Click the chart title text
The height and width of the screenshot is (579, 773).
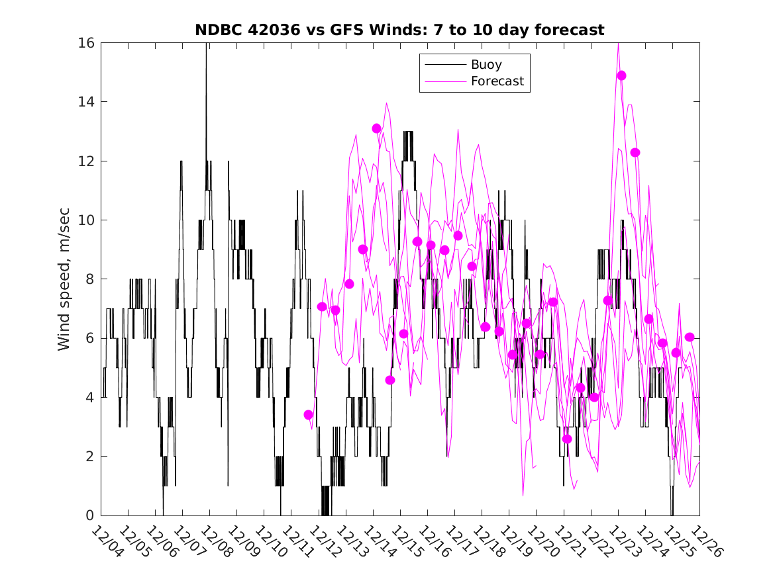click(x=399, y=30)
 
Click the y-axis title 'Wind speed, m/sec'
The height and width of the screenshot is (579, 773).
click(x=64, y=279)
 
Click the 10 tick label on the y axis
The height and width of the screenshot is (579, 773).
click(x=86, y=220)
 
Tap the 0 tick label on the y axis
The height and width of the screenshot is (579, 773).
click(x=90, y=515)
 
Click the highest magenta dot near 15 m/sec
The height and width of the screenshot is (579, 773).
click(x=621, y=75)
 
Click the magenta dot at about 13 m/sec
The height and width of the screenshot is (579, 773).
click(x=377, y=128)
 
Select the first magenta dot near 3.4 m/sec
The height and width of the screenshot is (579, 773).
click(x=308, y=415)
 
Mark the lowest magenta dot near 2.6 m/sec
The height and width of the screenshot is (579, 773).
click(x=567, y=439)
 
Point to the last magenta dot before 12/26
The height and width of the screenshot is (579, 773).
click(x=690, y=337)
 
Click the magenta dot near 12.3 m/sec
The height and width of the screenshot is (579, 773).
click(x=635, y=153)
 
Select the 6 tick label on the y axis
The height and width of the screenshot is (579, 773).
click(x=90, y=338)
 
